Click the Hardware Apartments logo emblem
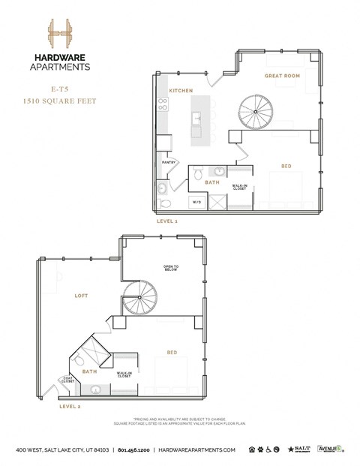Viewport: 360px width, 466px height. click(59, 33)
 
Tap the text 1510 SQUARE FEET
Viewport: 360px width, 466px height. click(59, 101)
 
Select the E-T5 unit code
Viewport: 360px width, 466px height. click(59, 89)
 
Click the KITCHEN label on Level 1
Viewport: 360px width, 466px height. click(181, 91)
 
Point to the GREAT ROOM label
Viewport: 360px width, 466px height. click(282, 77)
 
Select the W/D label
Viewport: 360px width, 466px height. click(196, 202)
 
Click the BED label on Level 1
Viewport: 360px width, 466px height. click(286, 166)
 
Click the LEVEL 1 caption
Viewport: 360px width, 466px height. click(166, 222)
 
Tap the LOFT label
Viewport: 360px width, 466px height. click(81, 296)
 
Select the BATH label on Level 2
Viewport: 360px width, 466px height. click(89, 371)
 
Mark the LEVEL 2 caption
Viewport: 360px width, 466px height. click(70, 406)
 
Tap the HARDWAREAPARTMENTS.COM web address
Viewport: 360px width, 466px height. click(197, 449)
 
